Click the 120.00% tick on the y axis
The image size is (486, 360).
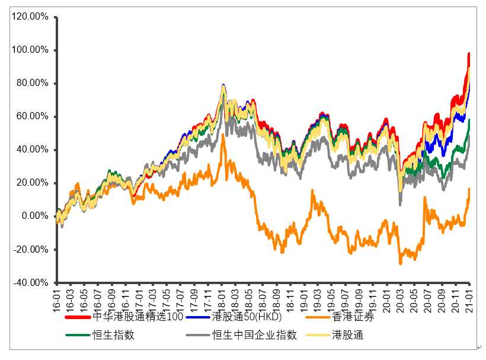click(x=30, y=17)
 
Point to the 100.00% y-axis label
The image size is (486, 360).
click(x=30, y=50)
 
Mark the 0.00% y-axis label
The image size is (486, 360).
click(x=34, y=216)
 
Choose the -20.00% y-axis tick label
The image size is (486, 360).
click(x=30, y=249)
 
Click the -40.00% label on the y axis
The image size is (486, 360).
click(x=30, y=282)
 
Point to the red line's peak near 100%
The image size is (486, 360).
click(x=469, y=53)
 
